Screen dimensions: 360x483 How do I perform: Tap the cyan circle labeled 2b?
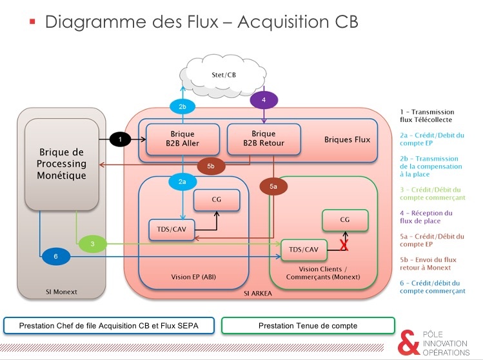[182, 106]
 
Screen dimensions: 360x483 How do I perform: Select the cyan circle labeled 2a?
[182, 183]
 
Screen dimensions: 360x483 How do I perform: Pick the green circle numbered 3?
[92, 243]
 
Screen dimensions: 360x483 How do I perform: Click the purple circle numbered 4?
[264, 100]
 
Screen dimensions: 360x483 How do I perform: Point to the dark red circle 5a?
[273, 186]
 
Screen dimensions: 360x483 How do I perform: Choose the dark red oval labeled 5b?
[211, 166]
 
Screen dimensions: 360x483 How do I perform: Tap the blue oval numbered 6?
[55, 257]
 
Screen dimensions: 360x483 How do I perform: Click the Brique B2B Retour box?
[259, 139]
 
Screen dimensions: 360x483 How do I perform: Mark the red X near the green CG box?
[344, 245]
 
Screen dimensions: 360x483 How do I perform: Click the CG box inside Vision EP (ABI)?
[217, 199]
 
